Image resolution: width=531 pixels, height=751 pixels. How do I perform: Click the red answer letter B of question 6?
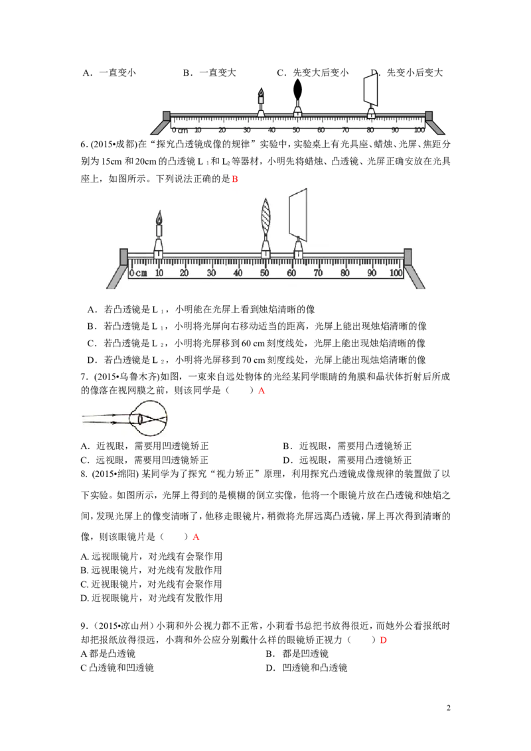pyautogui.click(x=235, y=179)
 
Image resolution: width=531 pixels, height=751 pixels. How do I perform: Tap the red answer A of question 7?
pyautogui.click(x=262, y=391)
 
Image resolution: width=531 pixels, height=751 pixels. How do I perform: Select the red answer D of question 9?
pyautogui.click(x=383, y=640)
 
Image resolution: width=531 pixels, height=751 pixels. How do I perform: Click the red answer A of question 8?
pyautogui.click(x=196, y=537)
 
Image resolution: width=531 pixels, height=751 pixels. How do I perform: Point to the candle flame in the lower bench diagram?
pyautogui.click(x=159, y=218)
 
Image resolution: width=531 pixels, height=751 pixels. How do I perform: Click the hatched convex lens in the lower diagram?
pyautogui.click(x=265, y=216)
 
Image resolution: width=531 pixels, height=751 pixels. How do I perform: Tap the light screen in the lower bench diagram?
pyautogui.click(x=298, y=214)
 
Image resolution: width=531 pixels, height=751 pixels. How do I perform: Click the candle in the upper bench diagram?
pyautogui.click(x=261, y=102)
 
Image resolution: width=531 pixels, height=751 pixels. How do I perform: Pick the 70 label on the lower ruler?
pyautogui.click(x=318, y=273)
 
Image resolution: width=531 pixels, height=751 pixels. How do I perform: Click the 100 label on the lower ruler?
pyautogui.click(x=396, y=273)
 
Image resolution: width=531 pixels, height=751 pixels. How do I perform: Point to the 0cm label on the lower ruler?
pyautogui.click(x=138, y=273)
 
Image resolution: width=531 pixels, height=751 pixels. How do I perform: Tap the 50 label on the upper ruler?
pyautogui.click(x=296, y=130)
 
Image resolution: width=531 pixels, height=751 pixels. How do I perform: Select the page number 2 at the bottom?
pyautogui.click(x=449, y=708)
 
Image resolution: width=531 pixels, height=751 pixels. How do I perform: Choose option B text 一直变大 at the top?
pyautogui.click(x=218, y=73)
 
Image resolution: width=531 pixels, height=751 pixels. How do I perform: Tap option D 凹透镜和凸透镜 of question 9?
pyautogui.click(x=315, y=667)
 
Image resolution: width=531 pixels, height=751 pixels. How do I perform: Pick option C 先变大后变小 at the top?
pyautogui.click(x=321, y=73)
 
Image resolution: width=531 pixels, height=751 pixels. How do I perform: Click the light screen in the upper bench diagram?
pyautogui.click(x=370, y=91)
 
